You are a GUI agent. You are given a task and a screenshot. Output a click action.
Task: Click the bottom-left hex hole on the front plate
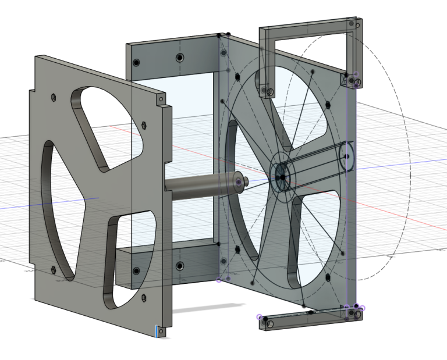pos(54,269)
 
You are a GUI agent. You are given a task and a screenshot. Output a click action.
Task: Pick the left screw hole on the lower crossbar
pos(136,271)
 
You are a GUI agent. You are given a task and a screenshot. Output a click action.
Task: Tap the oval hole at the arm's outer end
pos(347,156)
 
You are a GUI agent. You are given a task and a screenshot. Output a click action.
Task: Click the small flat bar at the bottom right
pos(308,318)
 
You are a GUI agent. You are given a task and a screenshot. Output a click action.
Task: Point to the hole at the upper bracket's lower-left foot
pos(269,91)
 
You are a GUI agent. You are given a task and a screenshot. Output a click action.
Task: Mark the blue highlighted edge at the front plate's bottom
pos(157,332)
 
